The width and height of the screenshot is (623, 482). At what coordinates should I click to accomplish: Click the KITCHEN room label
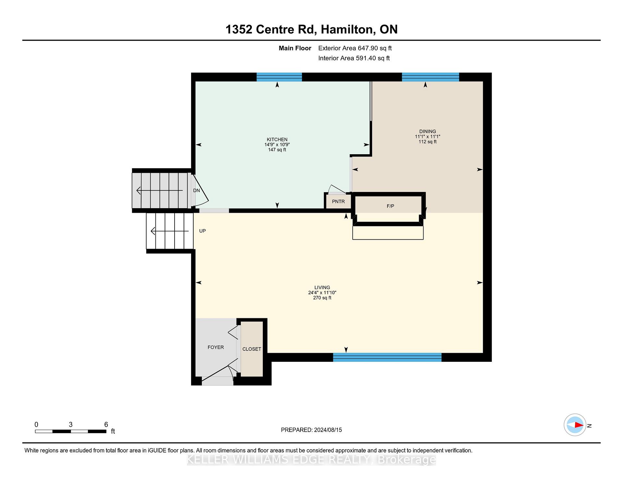(x=277, y=140)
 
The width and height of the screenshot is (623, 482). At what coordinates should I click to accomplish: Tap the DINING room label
(x=427, y=132)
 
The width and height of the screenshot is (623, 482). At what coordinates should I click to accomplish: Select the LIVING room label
(x=322, y=287)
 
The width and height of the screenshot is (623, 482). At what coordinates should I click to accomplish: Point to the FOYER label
(x=216, y=347)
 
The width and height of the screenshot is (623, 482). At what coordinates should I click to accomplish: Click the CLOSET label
(x=252, y=349)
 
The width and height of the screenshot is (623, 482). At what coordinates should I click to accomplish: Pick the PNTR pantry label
(x=338, y=201)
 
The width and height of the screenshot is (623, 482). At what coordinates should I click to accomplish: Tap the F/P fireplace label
(x=390, y=206)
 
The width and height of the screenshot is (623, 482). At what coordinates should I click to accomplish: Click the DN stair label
(x=197, y=190)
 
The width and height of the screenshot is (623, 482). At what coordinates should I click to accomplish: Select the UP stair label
(x=202, y=231)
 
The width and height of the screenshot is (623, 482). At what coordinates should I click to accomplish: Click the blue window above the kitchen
(x=279, y=77)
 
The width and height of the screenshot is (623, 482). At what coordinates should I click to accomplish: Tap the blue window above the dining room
(x=431, y=77)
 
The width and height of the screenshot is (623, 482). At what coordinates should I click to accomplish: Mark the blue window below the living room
(x=387, y=357)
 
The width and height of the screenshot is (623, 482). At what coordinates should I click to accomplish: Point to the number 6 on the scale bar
(x=106, y=425)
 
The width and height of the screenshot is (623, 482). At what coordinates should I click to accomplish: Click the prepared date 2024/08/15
(x=328, y=430)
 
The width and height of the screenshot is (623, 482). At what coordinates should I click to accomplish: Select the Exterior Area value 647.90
(x=368, y=48)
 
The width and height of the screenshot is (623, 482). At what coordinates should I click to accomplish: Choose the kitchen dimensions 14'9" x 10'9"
(x=277, y=145)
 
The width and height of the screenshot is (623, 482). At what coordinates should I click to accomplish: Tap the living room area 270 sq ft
(x=322, y=298)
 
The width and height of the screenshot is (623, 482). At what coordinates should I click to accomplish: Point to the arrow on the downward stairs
(x=160, y=190)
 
